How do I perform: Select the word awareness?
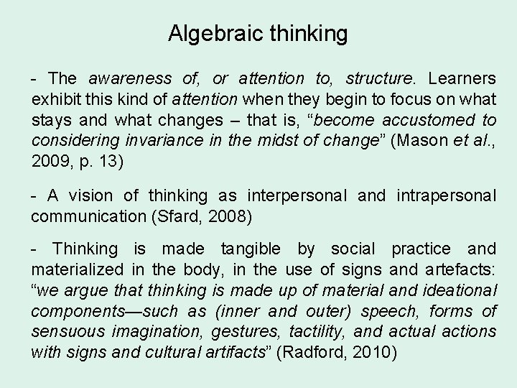tap(130, 78)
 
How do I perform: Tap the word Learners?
tap(462, 78)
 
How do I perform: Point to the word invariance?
tap(168, 140)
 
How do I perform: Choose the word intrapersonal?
tap(444, 195)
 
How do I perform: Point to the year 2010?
tap(373, 353)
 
